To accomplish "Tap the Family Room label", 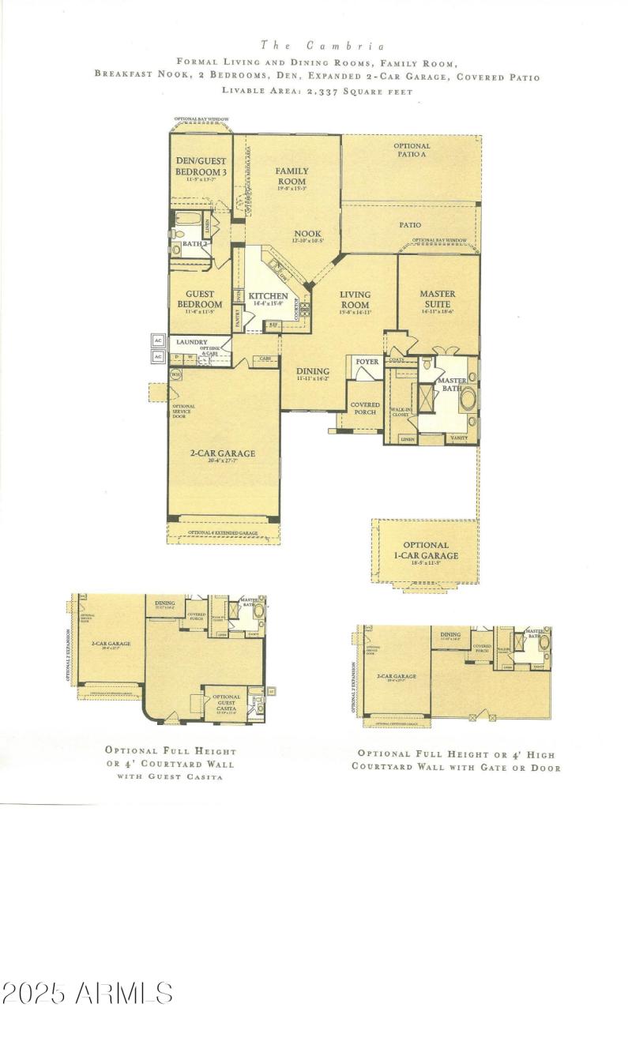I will [292, 176].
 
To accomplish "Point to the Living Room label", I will [355, 300].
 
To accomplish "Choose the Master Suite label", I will [438, 300].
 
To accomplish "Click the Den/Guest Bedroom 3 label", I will [201, 166].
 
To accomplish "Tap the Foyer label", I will [367, 362].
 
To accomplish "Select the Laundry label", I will [191, 342].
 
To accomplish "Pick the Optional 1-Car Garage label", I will [425, 551].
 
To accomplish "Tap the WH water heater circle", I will [176, 374].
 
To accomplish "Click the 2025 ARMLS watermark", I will [87, 993].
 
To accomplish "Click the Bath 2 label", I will [194, 244].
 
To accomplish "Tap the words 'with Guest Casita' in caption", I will [171, 777].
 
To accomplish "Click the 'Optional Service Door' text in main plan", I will [183, 412].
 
